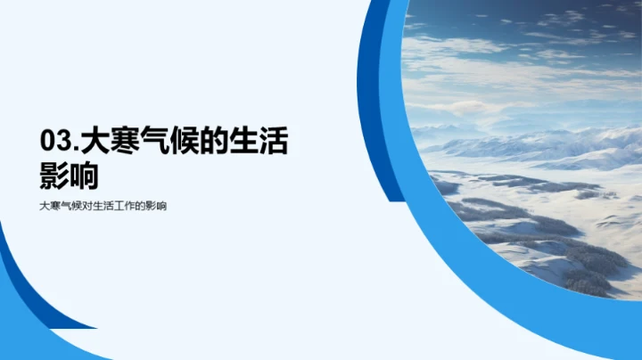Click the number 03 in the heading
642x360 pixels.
coord(57,141)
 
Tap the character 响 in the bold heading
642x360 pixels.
coord(85,176)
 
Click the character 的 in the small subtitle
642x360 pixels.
coord(140,206)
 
